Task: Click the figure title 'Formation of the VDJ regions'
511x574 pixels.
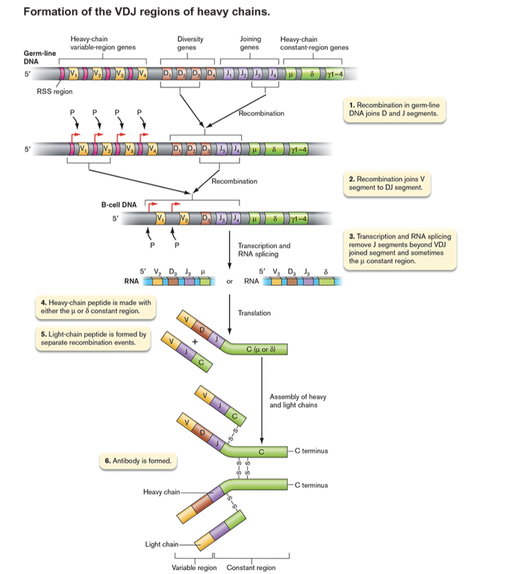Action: click(x=146, y=12)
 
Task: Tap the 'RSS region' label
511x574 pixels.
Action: click(x=55, y=92)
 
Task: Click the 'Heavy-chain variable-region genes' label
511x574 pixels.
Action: click(x=103, y=43)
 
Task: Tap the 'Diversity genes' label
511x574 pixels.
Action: click(x=190, y=43)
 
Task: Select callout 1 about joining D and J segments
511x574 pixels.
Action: click(x=394, y=109)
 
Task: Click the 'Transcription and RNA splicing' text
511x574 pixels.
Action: click(x=264, y=250)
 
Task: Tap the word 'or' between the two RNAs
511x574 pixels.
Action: click(x=230, y=281)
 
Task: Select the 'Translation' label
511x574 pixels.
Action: click(x=254, y=313)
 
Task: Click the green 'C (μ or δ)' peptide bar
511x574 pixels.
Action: click(x=261, y=350)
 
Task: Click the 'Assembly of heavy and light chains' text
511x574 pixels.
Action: click(x=298, y=401)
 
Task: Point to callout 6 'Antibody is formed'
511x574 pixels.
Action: click(x=138, y=461)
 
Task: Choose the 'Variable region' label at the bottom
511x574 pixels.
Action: click(x=194, y=568)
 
